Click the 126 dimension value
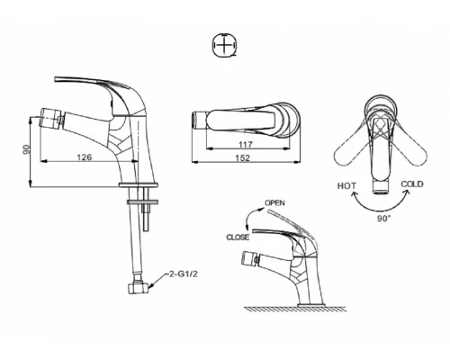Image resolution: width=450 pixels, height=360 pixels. pyautogui.click(x=85, y=157)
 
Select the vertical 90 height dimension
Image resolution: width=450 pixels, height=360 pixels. pyautogui.click(x=27, y=149)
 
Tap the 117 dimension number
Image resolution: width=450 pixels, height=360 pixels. pyautogui.click(x=246, y=145)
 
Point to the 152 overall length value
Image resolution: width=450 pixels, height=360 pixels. pyautogui.click(x=242, y=157)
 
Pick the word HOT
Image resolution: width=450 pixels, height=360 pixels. pyautogui.click(x=346, y=186)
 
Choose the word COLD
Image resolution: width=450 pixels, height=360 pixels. pyautogui.click(x=412, y=184)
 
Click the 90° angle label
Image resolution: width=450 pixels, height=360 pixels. pyautogui.click(x=384, y=219)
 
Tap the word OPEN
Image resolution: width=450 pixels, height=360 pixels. pyautogui.click(x=274, y=202)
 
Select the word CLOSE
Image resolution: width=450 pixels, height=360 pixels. pyautogui.click(x=238, y=238)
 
